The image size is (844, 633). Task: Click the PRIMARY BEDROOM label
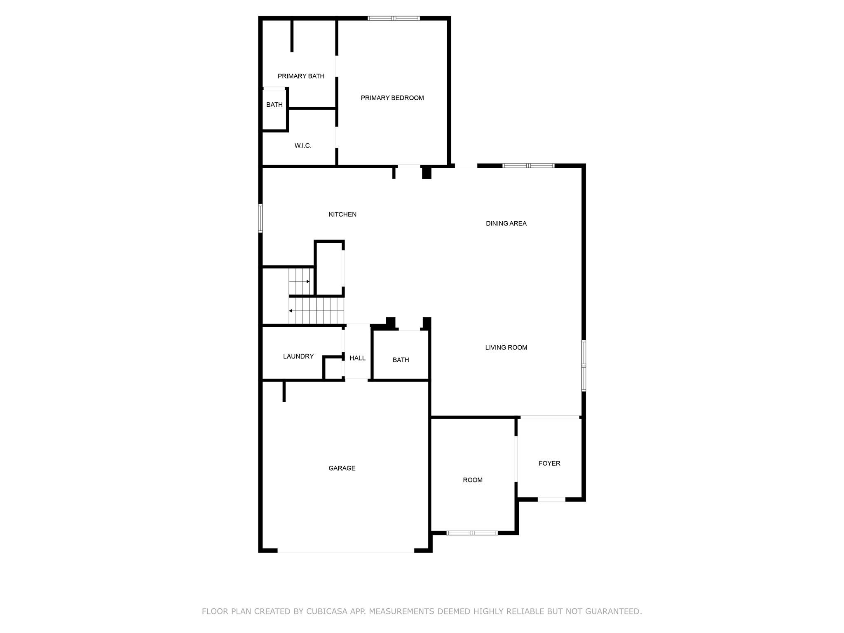click(392, 98)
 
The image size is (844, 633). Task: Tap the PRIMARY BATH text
click(301, 76)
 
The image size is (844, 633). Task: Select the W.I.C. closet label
click(303, 145)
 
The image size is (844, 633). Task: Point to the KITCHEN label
click(342, 214)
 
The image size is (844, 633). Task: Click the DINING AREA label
click(506, 223)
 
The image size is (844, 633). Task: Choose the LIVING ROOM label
click(506, 347)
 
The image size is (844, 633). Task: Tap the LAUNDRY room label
click(298, 356)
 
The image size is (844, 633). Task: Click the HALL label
click(357, 358)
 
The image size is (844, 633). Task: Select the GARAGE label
click(342, 468)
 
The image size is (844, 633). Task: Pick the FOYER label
click(549, 463)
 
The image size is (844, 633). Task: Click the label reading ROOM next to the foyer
click(473, 480)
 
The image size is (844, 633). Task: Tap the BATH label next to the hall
click(401, 360)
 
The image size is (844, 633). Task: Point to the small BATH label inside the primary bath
click(274, 105)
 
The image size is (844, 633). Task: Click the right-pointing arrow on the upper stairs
click(307, 281)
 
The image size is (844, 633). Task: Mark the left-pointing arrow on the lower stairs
click(291, 311)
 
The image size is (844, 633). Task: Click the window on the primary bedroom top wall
click(394, 18)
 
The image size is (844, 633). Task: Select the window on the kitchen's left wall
click(260, 218)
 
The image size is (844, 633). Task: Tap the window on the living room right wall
click(584, 365)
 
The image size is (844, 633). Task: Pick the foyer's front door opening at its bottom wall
click(551, 499)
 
